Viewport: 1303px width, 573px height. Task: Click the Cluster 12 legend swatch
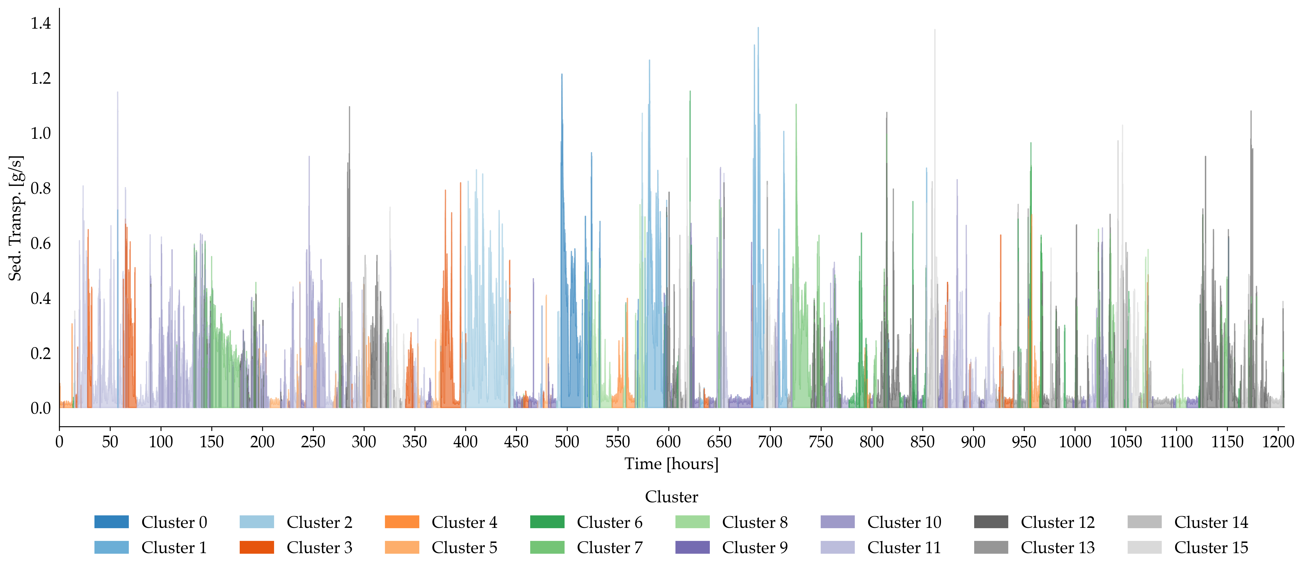click(x=991, y=522)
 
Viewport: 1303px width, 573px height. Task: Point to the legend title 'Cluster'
click(x=671, y=497)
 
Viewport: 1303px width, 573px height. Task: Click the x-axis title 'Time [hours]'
click(x=671, y=464)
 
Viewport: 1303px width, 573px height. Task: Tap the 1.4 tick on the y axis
click(x=41, y=23)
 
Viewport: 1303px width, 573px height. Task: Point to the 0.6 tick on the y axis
click(x=41, y=244)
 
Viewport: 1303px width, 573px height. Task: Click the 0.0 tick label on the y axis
click(x=41, y=408)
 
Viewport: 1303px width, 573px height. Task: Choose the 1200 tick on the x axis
click(x=1278, y=442)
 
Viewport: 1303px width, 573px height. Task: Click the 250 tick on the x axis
click(x=313, y=442)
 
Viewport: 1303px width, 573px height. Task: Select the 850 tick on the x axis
click(x=922, y=442)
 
